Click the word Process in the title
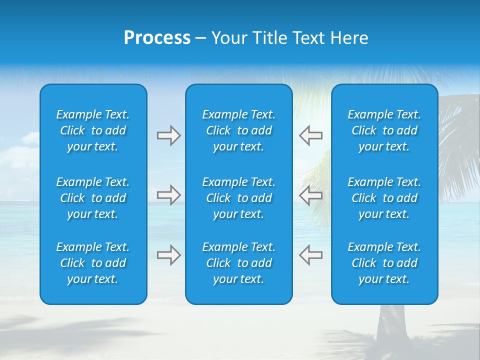157,38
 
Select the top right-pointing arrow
168,135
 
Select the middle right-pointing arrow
168,195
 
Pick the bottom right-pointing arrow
168,255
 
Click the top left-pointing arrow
310,135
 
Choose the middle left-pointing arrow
310,195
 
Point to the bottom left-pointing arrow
310,255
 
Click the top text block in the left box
93,130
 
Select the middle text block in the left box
93,198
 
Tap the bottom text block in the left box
93,263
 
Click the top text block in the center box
238,130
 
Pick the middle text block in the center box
238,198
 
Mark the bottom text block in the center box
238,263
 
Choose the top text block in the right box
384,130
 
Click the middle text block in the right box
384,198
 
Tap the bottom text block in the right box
384,263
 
